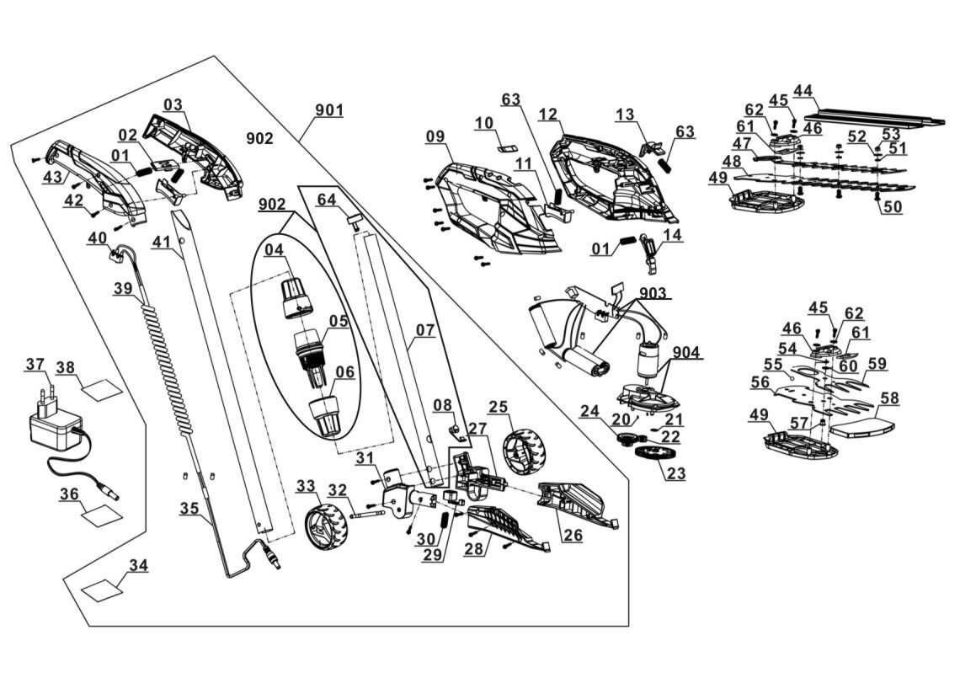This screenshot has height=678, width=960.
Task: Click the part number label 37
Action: [x=35, y=365]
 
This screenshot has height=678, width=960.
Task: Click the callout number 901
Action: [x=329, y=110]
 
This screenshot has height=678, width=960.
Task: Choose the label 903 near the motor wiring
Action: [x=653, y=293]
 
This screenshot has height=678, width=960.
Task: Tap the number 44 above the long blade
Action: [x=803, y=91]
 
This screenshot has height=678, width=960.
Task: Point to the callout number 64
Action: [x=327, y=200]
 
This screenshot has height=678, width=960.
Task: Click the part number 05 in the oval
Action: [x=338, y=320]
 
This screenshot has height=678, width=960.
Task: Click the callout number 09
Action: [x=435, y=136]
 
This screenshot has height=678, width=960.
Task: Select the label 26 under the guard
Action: [x=573, y=536]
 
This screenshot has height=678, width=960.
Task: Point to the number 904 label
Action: [x=686, y=352]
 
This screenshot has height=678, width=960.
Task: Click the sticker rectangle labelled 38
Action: [x=102, y=389]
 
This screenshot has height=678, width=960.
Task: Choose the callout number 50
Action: [x=893, y=206]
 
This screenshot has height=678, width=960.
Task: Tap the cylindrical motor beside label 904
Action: [x=648, y=360]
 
